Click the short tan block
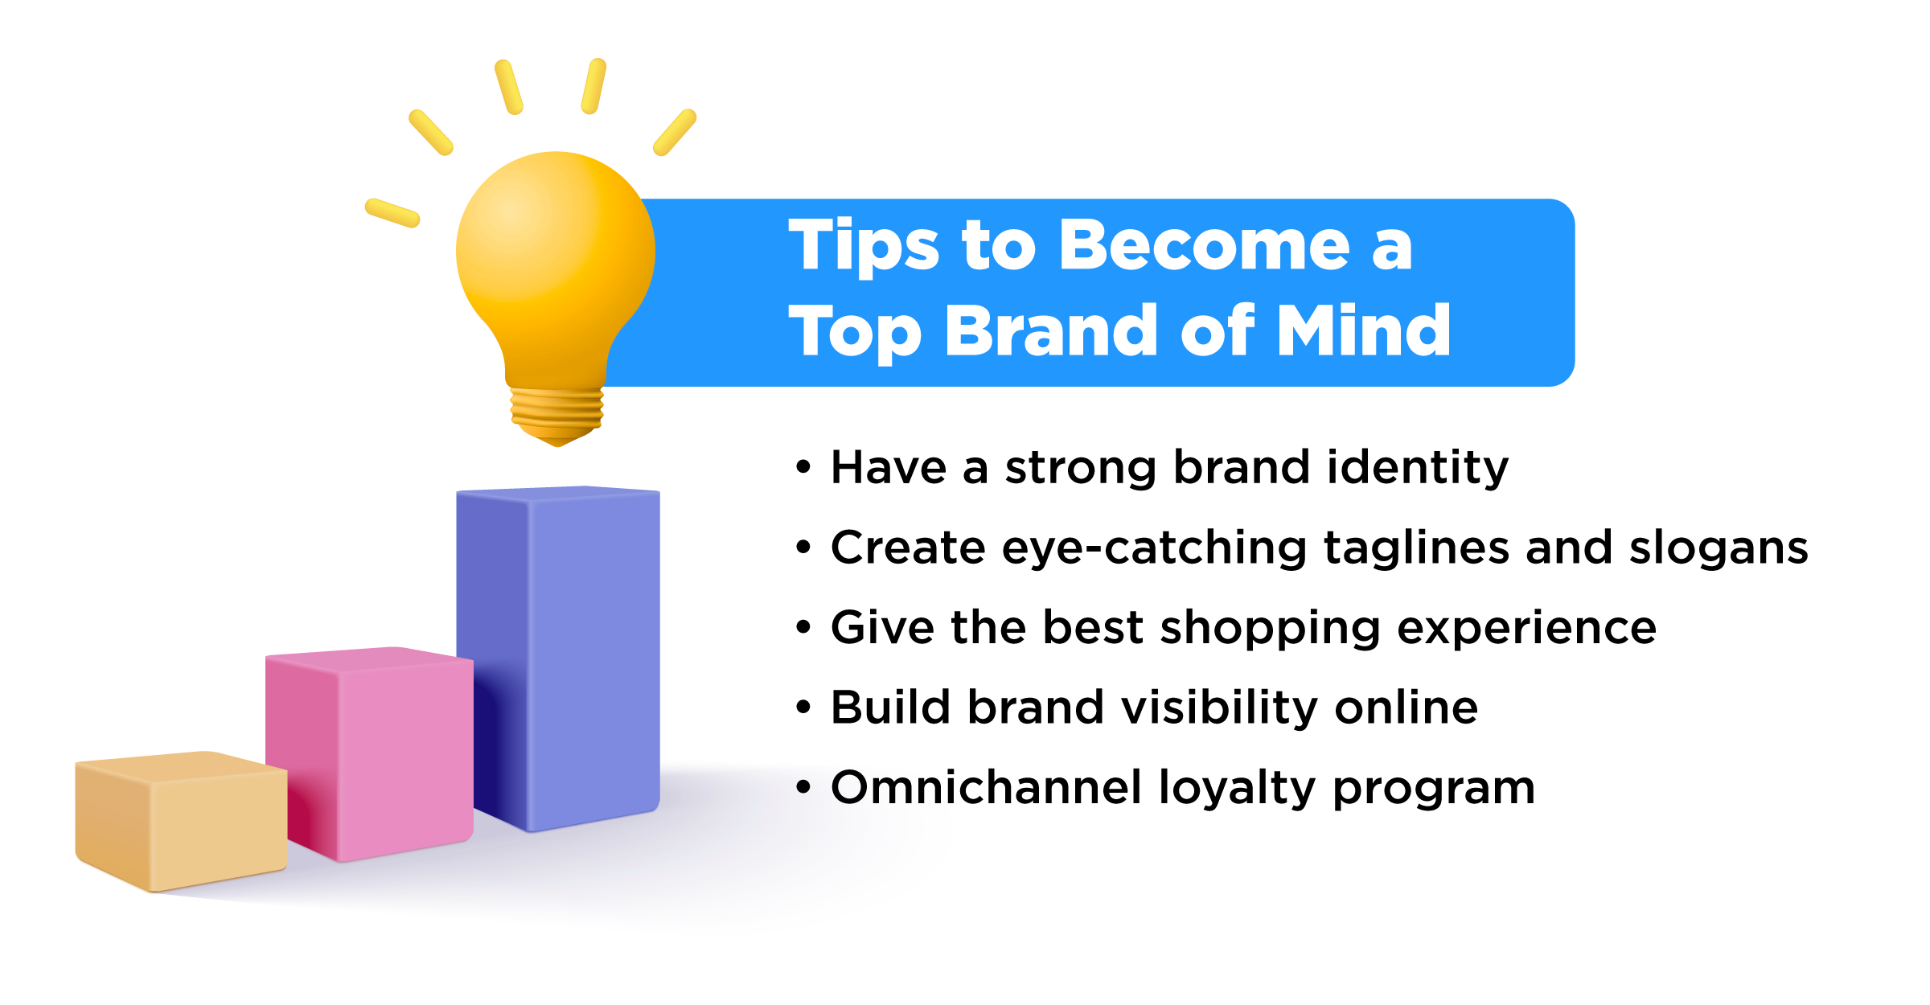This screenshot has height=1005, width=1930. [181, 820]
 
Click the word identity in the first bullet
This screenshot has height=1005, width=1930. [1418, 468]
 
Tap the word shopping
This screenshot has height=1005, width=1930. [1271, 629]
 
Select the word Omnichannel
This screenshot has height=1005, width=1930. [986, 786]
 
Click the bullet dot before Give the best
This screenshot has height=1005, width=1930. [803, 627]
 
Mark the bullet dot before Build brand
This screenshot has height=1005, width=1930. [803, 707]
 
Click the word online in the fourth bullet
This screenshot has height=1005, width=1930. [1406, 707]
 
